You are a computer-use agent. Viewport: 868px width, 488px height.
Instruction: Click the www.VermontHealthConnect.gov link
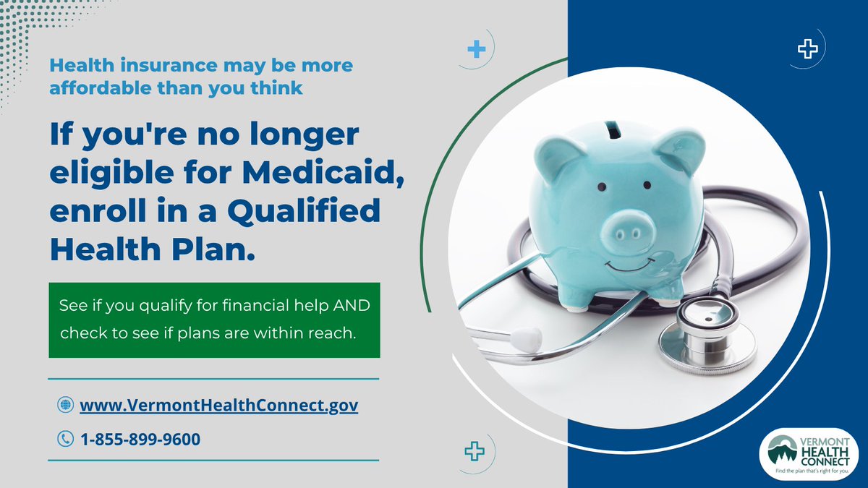click(218, 406)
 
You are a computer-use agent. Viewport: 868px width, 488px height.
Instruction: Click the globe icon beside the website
click(65, 406)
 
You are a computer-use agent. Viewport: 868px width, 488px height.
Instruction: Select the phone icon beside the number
click(65, 439)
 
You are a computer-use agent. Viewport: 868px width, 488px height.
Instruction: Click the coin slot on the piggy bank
click(613, 129)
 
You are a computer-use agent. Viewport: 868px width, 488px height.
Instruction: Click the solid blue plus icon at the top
click(475, 50)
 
